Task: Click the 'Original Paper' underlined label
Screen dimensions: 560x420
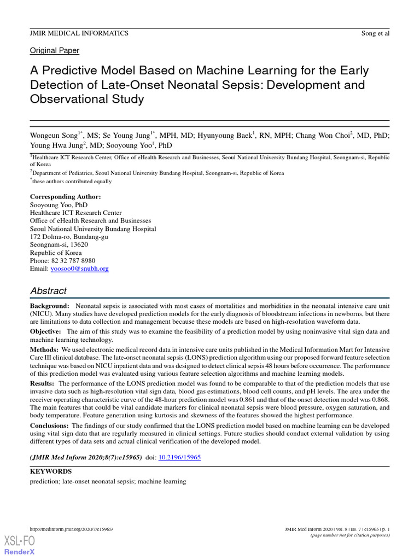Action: [54, 51]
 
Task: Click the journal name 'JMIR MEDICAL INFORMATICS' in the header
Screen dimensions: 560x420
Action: [79, 33]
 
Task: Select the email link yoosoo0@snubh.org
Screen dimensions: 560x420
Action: [79, 269]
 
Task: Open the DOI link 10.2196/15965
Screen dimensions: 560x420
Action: [179, 457]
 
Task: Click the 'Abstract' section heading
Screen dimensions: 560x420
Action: [48, 291]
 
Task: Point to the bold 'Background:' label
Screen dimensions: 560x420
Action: [49, 306]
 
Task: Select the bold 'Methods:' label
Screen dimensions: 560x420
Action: [44, 349]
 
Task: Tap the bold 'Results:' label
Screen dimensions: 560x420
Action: [43, 384]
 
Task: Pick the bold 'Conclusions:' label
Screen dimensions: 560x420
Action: [50, 425]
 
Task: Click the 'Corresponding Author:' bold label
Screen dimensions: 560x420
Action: [65, 197]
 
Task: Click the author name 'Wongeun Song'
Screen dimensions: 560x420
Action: [53, 135]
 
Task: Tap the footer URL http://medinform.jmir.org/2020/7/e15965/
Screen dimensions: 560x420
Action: [71, 529]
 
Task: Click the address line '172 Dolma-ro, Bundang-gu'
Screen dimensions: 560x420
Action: [69, 237]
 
